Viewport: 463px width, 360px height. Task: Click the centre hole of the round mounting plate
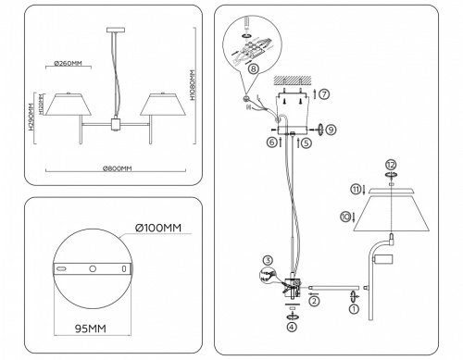[92, 268]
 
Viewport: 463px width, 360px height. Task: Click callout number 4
[292, 326]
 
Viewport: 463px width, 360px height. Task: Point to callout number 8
[254, 68]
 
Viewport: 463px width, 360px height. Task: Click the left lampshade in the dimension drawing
[70, 105]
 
